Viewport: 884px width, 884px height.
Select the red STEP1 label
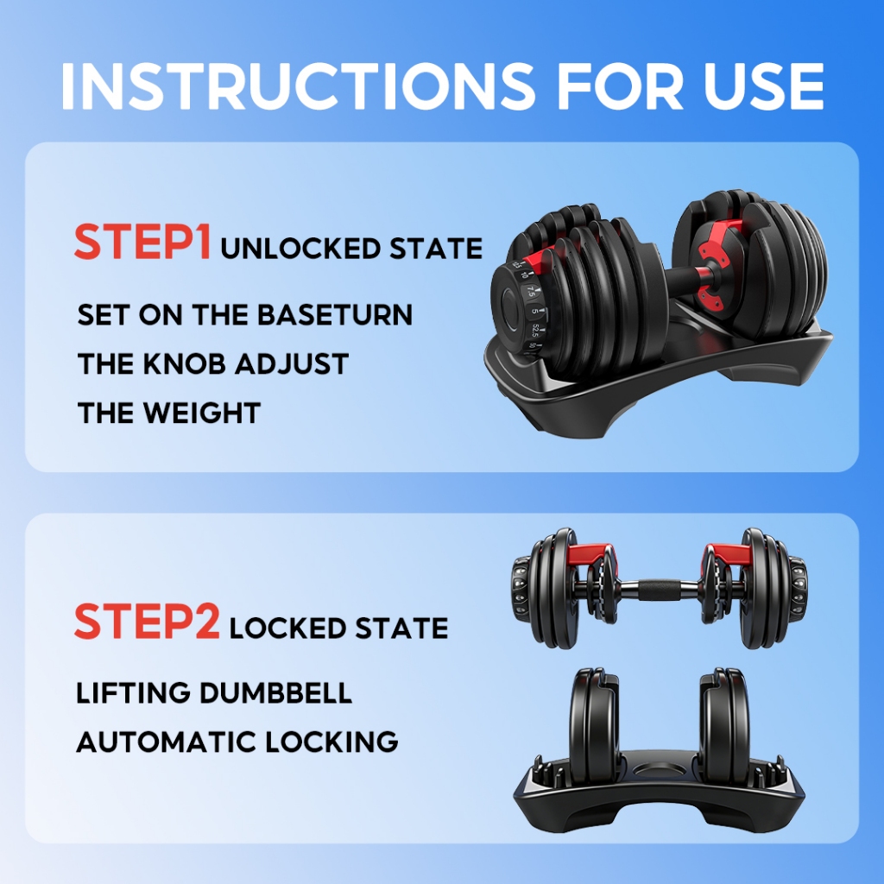point(142,242)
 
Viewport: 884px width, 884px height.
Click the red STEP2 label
point(147,621)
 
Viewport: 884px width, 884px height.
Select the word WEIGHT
point(202,413)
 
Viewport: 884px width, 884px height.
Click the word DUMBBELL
point(275,693)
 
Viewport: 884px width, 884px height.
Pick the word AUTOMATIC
point(167,742)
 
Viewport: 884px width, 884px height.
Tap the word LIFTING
point(133,693)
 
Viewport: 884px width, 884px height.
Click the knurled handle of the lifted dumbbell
point(659,590)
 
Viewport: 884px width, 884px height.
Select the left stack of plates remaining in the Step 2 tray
point(595,726)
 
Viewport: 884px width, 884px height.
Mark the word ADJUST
point(292,363)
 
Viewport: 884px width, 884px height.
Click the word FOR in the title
point(619,85)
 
